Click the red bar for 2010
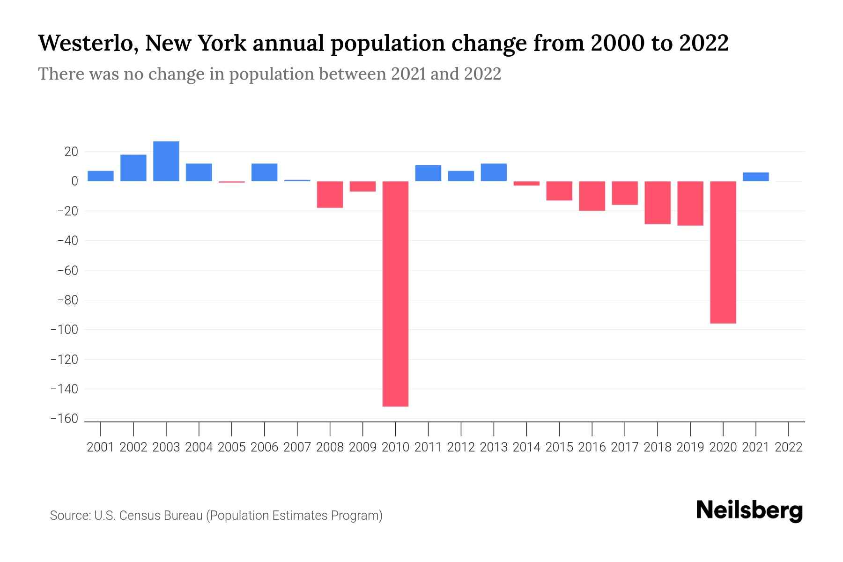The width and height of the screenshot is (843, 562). [395, 294]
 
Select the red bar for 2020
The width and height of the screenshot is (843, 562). [723, 252]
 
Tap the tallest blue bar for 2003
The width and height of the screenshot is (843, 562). [166, 161]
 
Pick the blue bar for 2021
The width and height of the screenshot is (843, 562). [755, 177]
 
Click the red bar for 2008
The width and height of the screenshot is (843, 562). [330, 194]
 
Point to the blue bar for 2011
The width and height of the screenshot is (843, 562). [428, 173]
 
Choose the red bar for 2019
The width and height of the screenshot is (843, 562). [690, 203]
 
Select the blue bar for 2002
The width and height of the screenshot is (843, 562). [133, 168]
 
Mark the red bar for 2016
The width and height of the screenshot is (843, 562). [592, 196]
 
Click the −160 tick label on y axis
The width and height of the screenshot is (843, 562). [65, 419]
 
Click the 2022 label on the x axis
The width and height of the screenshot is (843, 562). [789, 447]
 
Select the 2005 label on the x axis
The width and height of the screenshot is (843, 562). [232, 447]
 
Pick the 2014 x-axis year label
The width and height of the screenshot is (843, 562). [526, 447]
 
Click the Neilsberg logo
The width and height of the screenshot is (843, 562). [749, 510]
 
